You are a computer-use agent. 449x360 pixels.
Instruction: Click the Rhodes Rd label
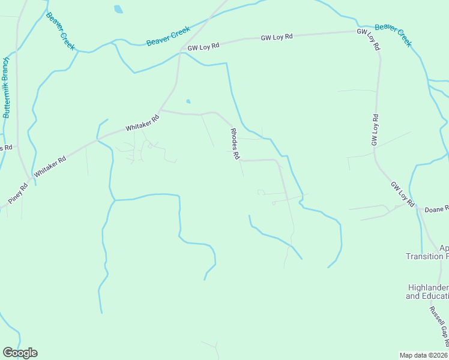pyautogui.click(x=235, y=144)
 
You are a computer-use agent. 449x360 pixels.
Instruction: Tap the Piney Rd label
pyautogui.click(x=18, y=193)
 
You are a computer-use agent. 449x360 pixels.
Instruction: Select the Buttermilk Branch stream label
pyautogui.click(x=7, y=88)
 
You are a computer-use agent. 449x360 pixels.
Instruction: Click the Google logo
pyautogui.click(x=20, y=353)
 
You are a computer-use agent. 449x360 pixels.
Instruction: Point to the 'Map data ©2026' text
pyautogui.click(x=424, y=355)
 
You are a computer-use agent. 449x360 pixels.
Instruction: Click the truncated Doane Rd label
pyautogui.click(x=436, y=209)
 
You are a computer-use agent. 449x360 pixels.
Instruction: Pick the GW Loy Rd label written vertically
pyautogui.click(x=375, y=130)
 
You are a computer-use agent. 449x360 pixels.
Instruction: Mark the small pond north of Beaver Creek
pyautogui.click(x=118, y=9)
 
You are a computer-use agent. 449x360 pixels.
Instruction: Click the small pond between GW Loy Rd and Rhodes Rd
pyautogui.click(x=189, y=101)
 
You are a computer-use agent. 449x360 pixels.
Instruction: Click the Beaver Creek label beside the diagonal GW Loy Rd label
pyautogui.click(x=393, y=35)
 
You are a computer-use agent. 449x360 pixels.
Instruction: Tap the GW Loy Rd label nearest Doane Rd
pyautogui.click(x=402, y=194)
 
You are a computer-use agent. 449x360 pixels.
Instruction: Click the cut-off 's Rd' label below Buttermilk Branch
pyautogui.click(x=6, y=148)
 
